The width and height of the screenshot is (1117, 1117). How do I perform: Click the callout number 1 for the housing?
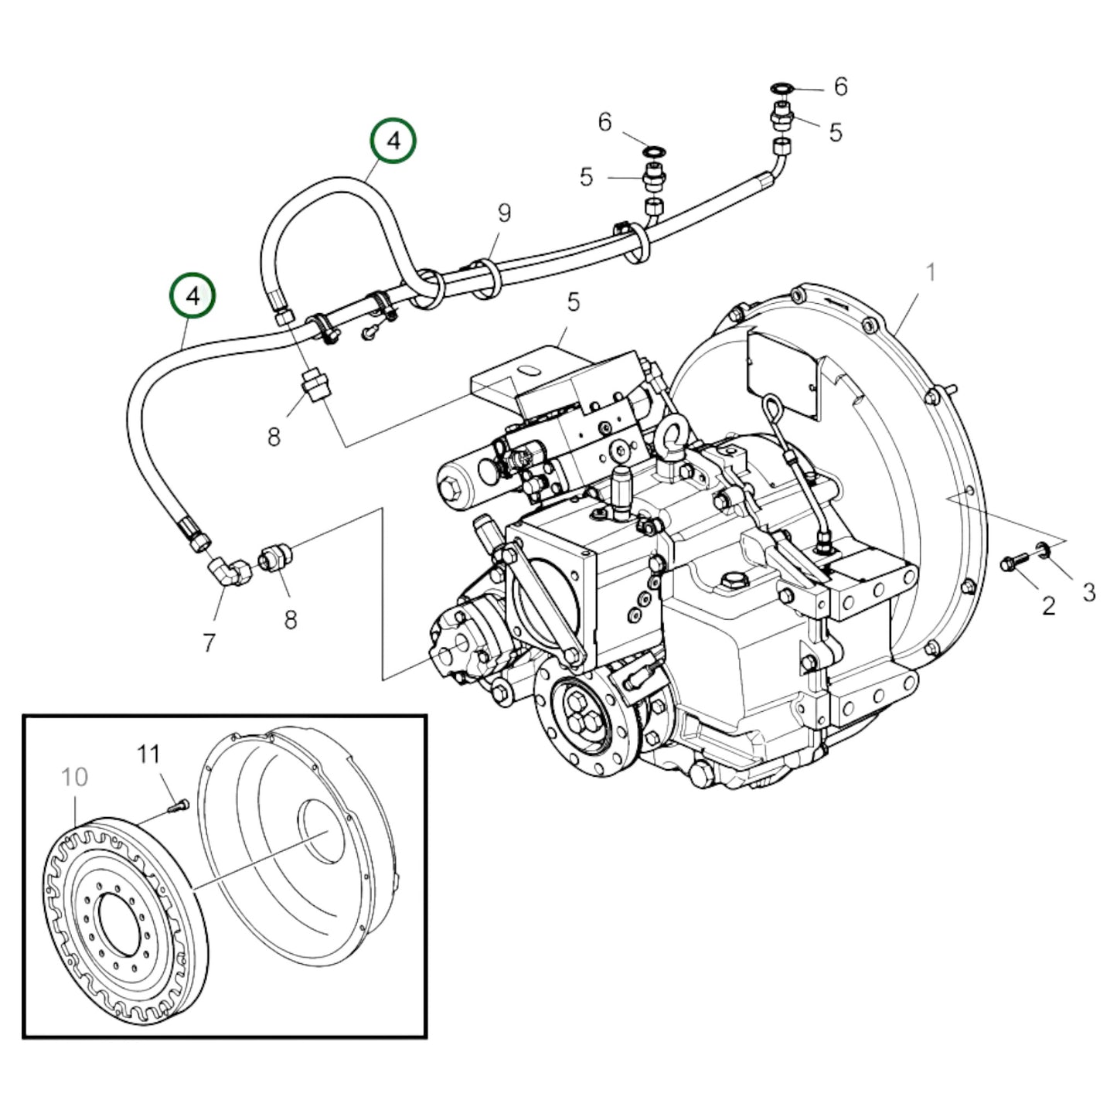click(x=931, y=272)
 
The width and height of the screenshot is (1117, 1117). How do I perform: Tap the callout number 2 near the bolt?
click(x=1047, y=604)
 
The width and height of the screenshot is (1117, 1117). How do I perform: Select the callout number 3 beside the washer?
click(x=1088, y=592)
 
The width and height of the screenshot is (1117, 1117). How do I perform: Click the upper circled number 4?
click(x=393, y=141)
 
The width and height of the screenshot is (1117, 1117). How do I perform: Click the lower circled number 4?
click(x=192, y=296)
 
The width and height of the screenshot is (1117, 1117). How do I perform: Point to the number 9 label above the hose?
click(x=504, y=212)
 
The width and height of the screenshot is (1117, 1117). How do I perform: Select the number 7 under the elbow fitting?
click(x=209, y=642)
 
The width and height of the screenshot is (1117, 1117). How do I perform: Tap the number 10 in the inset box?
click(x=74, y=776)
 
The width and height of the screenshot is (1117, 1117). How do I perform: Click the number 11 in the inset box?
click(x=148, y=753)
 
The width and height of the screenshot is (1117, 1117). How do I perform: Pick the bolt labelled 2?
click(x=1013, y=564)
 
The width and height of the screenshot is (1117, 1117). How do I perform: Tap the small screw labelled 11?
click(x=178, y=806)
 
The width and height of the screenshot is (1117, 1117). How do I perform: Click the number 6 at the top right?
click(x=840, y=86)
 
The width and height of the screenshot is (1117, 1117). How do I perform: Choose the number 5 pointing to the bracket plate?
click(x=573, y=301)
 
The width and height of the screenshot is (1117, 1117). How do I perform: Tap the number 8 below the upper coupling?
click(x=274, y=437)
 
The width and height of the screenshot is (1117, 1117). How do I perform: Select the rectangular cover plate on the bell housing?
click(x=782, y=373)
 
